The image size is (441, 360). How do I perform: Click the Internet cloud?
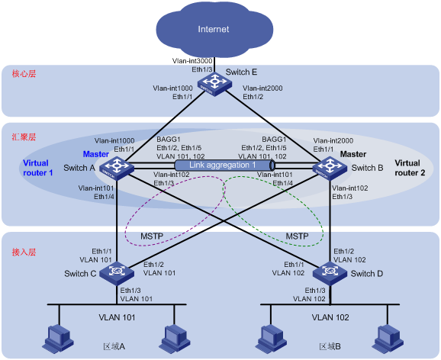point(214,29)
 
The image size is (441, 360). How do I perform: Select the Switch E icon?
point(214,84)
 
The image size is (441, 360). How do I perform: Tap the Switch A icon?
point(117,169)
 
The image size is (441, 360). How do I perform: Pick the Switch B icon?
point(330,169)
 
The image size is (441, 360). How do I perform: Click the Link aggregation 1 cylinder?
point(225,165)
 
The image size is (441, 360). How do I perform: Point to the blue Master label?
point(96,154)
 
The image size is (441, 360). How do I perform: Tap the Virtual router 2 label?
point(410,168)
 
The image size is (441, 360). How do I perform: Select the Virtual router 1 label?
point(38,168)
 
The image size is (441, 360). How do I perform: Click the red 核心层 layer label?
point(24,74)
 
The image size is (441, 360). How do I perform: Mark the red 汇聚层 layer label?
point(24,137)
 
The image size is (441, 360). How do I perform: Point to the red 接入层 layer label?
point(24,252)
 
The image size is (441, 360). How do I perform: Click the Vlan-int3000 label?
point(192,61)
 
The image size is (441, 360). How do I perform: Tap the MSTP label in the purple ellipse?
point(152,236)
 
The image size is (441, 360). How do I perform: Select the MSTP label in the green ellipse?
point(297,236)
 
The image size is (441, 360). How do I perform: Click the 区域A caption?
point(114,346)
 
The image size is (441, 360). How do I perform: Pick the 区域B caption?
point(330,346)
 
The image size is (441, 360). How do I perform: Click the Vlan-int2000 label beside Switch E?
point(262,88)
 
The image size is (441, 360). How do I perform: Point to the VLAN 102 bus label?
point(330,317)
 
